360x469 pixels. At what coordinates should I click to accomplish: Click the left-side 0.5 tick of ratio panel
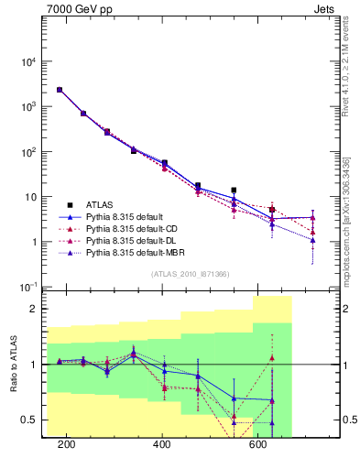[29, 420]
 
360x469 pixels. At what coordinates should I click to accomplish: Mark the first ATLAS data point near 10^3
[60, 90]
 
